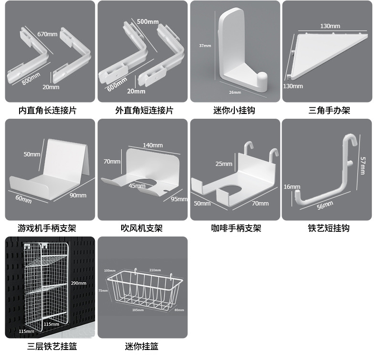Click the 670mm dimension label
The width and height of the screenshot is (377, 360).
point(47,34)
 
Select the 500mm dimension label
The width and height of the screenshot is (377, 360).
point(148,22)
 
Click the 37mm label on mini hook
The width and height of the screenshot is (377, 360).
point(205,46)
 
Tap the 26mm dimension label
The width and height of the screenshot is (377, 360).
point(235,92)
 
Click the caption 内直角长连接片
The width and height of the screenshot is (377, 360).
point(47,111)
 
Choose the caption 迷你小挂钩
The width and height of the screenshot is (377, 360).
point(234,111)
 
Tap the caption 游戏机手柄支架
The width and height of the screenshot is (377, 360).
point(47,228)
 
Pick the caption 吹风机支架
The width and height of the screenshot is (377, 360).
point(141,228)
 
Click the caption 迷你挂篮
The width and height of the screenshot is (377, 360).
point(142,346)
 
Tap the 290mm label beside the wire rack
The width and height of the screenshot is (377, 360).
point(78,283)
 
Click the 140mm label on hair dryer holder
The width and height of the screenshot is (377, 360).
point(153,145)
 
